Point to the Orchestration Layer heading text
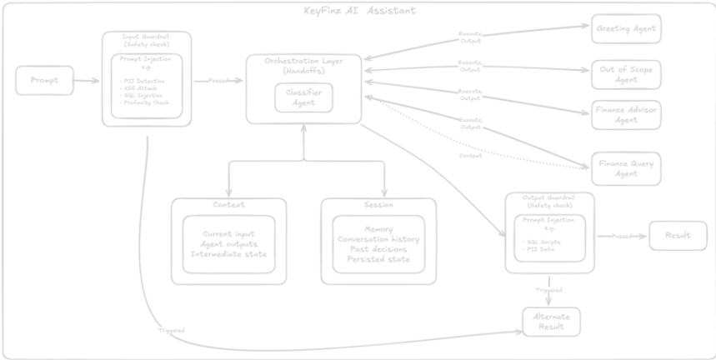(303, 65)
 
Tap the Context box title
(228, 205)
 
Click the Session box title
(378, 205)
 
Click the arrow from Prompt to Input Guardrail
(87, 81)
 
